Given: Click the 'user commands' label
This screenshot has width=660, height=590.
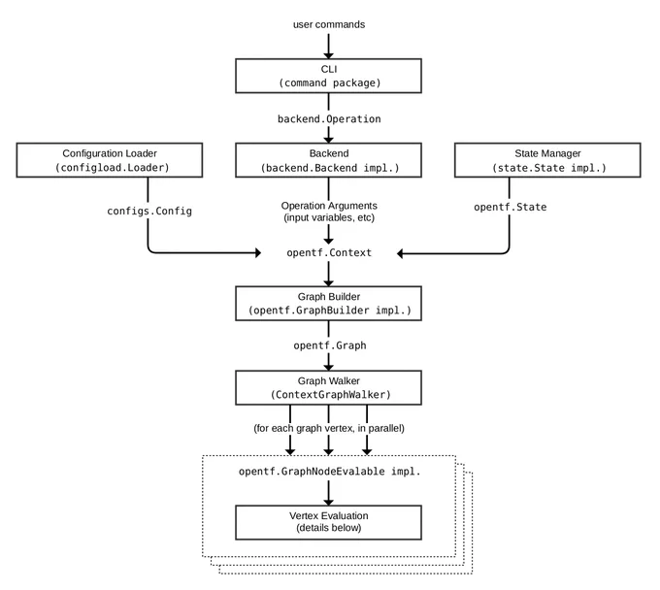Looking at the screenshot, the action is tap(329, 25).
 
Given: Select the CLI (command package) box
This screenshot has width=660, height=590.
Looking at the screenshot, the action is tap(328, 76).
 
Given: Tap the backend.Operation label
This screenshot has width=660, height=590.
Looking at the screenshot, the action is tap(329, 119).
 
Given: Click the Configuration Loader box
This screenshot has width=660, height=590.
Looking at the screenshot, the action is tap(110, 160).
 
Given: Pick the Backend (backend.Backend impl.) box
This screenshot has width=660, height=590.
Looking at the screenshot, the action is tap(328, 160).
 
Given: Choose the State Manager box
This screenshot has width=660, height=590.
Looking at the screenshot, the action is tap(547, 160).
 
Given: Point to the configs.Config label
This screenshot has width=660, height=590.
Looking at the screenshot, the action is tap(149, 211).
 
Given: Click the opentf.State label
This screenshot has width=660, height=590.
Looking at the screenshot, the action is tap(511, 207).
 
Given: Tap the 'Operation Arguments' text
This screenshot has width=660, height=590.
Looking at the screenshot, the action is tap(329, 206).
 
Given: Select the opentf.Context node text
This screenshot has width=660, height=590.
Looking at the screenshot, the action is tap(329, 253).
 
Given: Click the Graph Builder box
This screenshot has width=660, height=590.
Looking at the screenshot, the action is tap(328, 304).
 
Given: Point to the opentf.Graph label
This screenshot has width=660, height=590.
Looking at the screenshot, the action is tap(330, 345).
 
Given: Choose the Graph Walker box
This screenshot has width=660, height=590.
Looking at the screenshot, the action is tap(328, 387).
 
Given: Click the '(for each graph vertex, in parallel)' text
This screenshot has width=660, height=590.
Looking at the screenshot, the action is tap(329, 428).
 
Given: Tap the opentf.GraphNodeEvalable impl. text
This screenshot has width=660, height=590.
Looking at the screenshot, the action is tap(330, 472).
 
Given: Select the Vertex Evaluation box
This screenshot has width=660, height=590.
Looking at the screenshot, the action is tap(328, 522).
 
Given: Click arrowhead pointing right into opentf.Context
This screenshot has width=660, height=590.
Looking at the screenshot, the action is tap(258, 252).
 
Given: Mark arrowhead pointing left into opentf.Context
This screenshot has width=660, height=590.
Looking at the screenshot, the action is tap(400, 253).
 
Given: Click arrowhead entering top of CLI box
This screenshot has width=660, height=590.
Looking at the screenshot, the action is tap(329, 55).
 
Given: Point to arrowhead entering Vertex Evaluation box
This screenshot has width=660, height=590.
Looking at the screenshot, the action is tap(329, 502).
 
